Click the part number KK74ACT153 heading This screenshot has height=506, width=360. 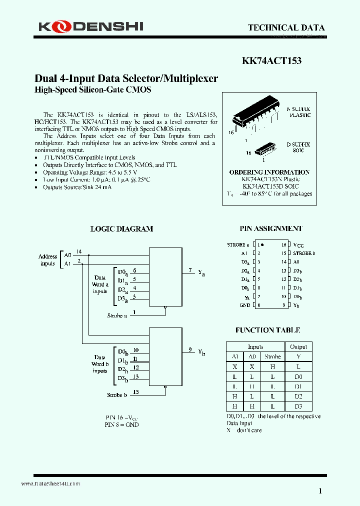click(x=271, y=61)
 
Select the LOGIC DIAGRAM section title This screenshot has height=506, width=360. click(x=121, y=228)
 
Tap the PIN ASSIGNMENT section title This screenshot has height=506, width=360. click(x=270, y=228)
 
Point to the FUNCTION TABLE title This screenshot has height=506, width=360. click(x=267, y=330)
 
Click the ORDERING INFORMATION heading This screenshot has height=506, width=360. click(x=269, y=172)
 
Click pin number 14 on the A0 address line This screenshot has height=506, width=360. click(x=79, y=251)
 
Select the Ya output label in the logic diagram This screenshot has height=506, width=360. click(x=201, y=272)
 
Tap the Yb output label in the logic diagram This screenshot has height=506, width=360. click(x=201, y=352)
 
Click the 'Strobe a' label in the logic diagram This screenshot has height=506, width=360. click(x=117, y=315)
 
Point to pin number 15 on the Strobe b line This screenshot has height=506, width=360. click(x=136, y=392)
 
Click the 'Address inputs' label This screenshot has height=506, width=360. click(x=48, y=260)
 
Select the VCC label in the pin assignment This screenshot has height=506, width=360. click(x=298, y=245)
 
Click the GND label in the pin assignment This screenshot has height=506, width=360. click(x=245, y=305)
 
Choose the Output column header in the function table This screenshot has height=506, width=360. click(x=298, y=346)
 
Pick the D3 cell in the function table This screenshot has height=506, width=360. click(x=298, y=406)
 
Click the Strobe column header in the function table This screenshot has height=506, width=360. click(x=272, y=356)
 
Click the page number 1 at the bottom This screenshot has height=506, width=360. click(x=320, y=490)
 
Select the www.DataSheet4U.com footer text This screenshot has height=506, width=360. click(x=50, y=484)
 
